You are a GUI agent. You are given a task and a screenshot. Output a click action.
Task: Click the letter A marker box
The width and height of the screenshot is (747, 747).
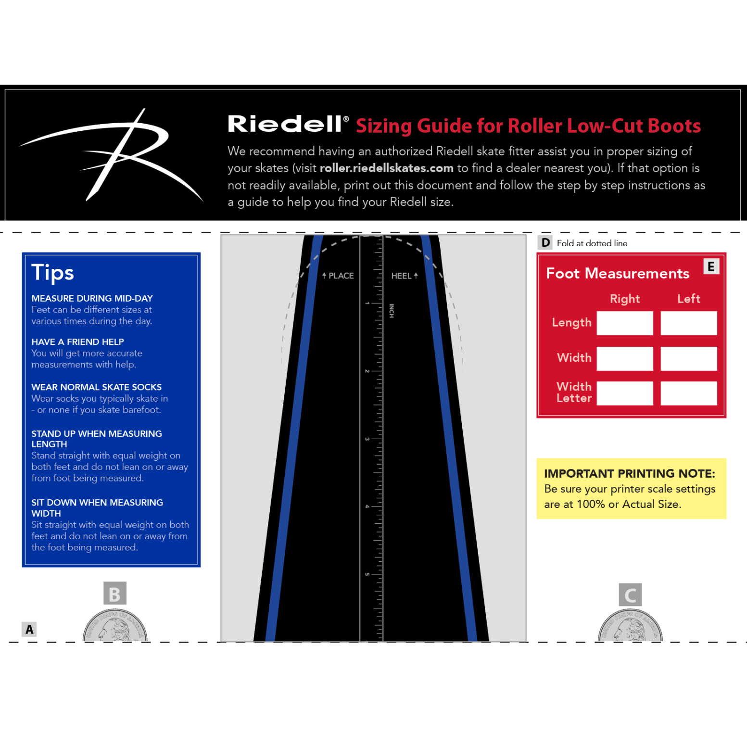click(x=29, y=629)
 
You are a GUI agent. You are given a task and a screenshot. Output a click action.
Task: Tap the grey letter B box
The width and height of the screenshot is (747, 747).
click(x=115, y=594)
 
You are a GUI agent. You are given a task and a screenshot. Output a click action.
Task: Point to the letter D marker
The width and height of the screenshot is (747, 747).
click(x=545, y=243)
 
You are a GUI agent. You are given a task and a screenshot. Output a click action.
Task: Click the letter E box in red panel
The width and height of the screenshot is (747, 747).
click(x=711, y=266)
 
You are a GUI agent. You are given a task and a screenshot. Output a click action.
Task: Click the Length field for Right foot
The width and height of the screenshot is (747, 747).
click(x=625, y=323)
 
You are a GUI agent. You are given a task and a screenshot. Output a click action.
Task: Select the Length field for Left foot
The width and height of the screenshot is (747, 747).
click(x=688, y=323)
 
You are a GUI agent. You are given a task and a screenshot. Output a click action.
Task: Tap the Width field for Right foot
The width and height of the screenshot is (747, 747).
click(x=625, y=358)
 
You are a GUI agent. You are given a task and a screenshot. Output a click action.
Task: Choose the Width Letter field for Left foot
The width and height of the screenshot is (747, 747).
click(x=688, y=393)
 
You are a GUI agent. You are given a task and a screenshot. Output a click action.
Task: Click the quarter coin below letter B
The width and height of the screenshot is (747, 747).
click(x=115, y=625)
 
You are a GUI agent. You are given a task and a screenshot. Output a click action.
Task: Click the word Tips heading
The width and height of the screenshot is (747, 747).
click(x=52, y=273)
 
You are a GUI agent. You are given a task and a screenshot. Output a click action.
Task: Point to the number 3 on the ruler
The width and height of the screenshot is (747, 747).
click(x=367, y=439)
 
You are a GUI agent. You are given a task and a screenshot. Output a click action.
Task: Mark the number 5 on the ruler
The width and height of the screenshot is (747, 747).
click(x=367, y=574)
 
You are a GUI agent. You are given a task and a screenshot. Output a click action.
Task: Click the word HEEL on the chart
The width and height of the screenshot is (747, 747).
click(x=401, y=276)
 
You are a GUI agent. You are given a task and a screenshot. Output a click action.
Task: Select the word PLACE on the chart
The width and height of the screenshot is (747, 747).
click(x=341, y=276)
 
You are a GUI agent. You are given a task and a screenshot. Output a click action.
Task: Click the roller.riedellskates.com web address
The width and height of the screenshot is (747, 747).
click(x=386, y=168)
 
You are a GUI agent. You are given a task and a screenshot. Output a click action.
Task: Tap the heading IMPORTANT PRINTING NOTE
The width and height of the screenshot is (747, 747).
click(x=629, y=474)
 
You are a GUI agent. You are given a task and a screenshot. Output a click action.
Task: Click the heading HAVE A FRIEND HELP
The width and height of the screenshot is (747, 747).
click(x=77, y=342)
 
